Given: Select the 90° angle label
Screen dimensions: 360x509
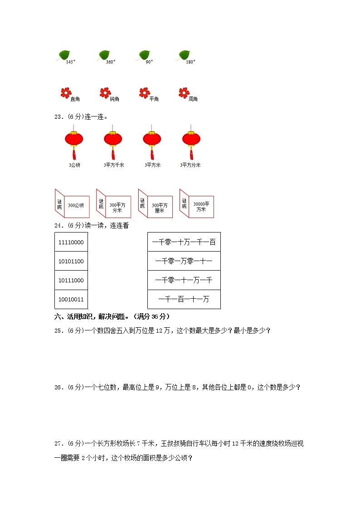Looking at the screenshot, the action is coord(150,62).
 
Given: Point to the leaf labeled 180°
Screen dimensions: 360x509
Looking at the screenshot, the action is coord(184,55).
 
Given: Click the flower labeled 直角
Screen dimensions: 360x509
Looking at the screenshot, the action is coord(66,93).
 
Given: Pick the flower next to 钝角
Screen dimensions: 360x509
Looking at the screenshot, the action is coord(105,93).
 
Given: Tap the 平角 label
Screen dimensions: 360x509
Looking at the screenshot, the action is coord(154,99).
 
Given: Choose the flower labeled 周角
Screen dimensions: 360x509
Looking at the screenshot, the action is coord(184,93).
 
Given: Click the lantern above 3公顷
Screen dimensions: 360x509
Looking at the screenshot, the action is coord(74,140).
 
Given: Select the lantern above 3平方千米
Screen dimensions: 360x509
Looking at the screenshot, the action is coord(113,140).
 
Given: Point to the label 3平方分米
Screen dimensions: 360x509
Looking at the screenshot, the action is coord(190,165).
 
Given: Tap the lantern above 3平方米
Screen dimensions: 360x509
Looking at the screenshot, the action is coord(152,140).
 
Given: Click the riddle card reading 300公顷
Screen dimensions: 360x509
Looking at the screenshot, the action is coord(76,205).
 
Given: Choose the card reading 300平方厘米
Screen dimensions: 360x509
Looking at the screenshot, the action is coord(159,207).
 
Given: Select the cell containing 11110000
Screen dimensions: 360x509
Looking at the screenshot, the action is coord(71,242).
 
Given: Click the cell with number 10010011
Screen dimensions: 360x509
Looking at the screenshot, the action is coord(71,299).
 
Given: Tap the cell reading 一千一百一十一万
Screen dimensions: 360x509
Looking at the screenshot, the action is coord(184,299).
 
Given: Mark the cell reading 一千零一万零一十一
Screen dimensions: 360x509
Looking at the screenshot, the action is coord(184,261).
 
